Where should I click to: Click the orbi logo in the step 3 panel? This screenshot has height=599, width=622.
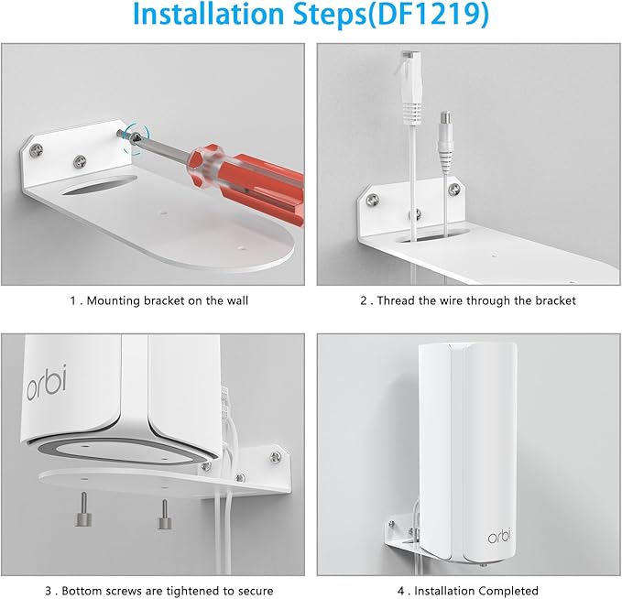pyautogui.click(x=45, y=380)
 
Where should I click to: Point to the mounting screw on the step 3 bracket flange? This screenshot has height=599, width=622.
pyautogui.click(x=272, y=452)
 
